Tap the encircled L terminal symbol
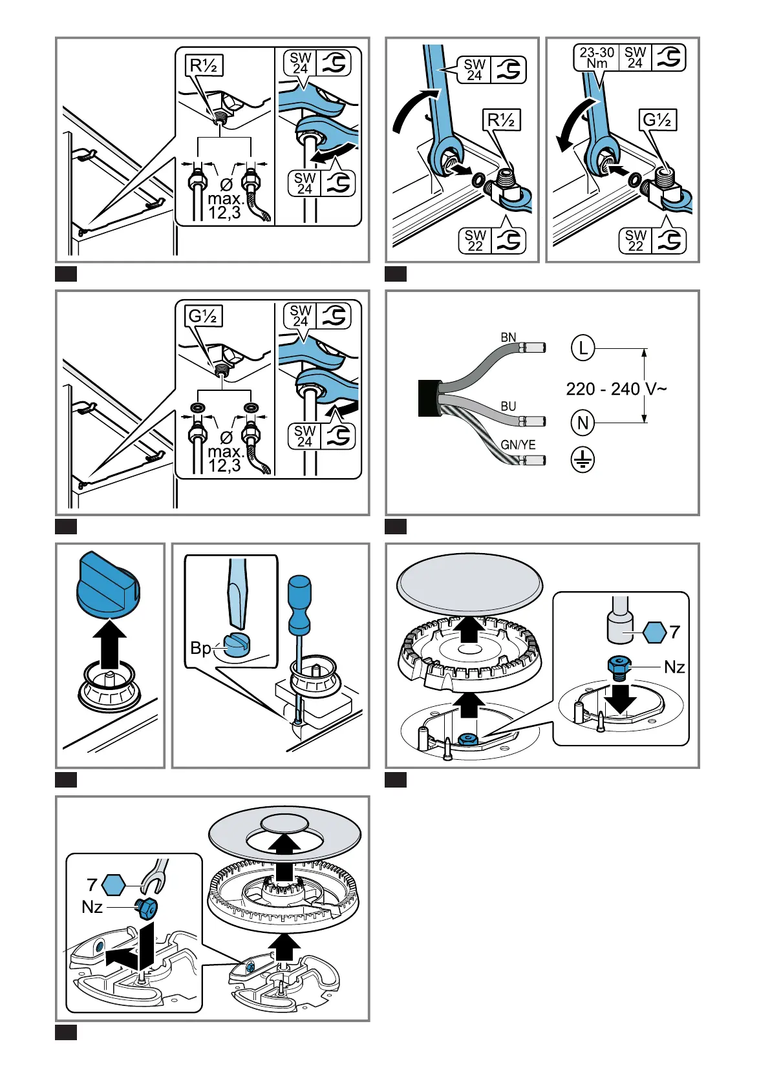(x=583, y=348)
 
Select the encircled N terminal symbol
(x=583, y=423)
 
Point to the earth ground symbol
(x=583, y=459)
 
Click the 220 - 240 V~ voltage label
(x=616, y=389)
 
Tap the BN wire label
(x=508, y=337)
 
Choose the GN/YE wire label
(x=519, y=445)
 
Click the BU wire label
(x=508, y=406)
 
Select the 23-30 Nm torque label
(x=597, y=58)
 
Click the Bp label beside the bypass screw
(x=200, y=647)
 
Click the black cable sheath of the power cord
(x=429, y=398)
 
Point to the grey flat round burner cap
(x=469, y=584)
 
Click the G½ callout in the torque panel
(x=657, y=120)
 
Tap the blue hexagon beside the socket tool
(x=654, y=632)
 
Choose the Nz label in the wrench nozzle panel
(x=92, y=907)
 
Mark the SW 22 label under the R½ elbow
(x=475, y=240)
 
